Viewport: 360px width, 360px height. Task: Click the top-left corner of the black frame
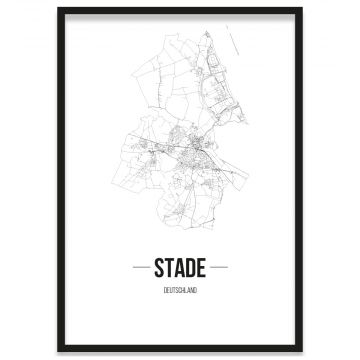(x=59, y=9)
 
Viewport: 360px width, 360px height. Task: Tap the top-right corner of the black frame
(x=301, y=9)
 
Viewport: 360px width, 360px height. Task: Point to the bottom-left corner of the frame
(x=59, y=351)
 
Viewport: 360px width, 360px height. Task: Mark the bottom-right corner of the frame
(x=301, y=351)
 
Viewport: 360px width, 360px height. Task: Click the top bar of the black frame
(x=180, y=9)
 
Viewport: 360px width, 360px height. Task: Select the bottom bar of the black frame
(x=180, y=351)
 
